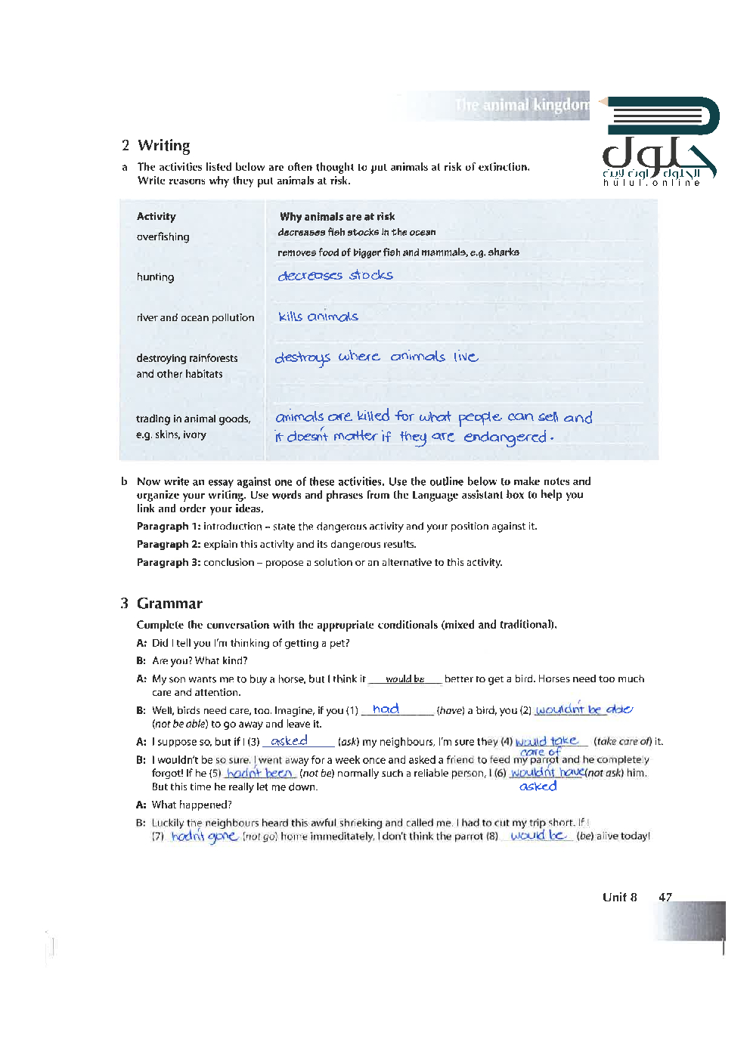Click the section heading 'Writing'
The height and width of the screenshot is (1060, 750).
pyautogui.click(x=163, y=146)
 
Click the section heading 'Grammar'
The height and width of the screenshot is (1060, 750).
pyautogui.click(x=169, y=604)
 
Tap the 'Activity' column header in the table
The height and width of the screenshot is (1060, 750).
pyautogui.click(x=156, y=217)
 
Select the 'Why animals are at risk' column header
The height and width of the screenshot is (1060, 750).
pyautogui.click(x=337, y=217)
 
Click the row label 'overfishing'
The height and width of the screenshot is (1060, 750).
pyautogui.click(x=163, y=237)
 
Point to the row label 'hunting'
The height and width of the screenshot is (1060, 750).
pyautogui.click(x=155, y=277)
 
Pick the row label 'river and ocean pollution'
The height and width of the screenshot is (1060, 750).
pyautogui.click(x=195, y=318)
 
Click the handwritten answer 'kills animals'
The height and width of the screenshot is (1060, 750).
pyautogui.click(x=318, y=317)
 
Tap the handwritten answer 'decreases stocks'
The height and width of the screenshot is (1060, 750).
pyautogui.click(x=335, y=276)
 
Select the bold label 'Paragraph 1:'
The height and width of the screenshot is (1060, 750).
pyautogui.click(x=168, y=527)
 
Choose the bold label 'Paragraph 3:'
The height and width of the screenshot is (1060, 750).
pyautogui.click(x=168, y=563)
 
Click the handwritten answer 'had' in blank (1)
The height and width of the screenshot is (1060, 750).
pyautogui.click(x=386, y=709)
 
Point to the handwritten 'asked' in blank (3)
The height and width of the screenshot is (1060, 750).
pyautogui.click(x=289, y=741)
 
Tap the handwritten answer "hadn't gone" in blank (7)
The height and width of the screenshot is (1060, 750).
pyautogui.click(x=204, y=836)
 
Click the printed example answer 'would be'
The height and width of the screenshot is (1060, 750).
pyautogui.click(x=404, y=679)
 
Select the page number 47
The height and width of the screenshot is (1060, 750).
pyautogui.click(x=665, y=898)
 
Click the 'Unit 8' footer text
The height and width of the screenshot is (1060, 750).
pyautogui.click(x=619, y=898)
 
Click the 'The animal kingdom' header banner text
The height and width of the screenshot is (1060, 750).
pyautogui.click(x=522, y=105)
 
